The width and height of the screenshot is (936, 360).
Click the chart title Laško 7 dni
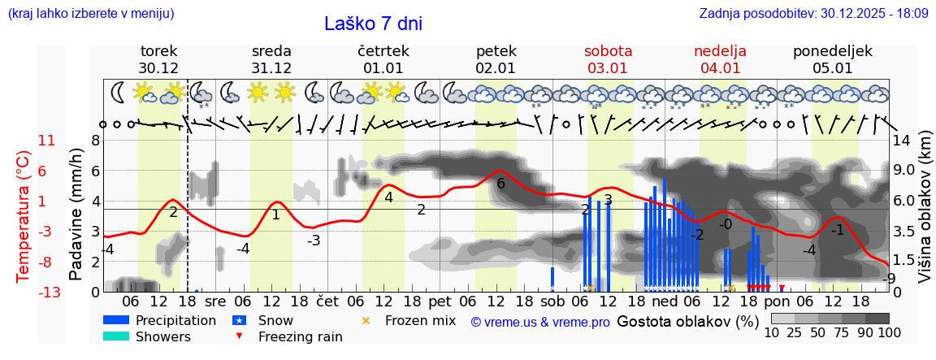[x=373, y=24]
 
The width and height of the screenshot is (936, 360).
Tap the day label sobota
[x=608, y=51]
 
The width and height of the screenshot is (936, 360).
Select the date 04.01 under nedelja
[x=721, y=68]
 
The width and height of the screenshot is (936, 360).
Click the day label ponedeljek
[x=833, y=51]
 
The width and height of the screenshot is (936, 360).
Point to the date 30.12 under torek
[x=158, y=68]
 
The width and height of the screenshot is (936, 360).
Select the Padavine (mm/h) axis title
[x=76, y=215]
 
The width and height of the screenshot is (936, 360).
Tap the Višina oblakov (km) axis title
[x=925, y=215]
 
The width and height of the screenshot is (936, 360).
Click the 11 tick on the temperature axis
[x=46, y=141]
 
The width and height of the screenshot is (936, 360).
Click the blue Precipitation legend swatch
[x=117, y=320]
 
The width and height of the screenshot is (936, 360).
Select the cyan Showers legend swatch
[x=117, y=336]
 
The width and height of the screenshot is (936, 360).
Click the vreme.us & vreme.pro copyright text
[x=540, y=322]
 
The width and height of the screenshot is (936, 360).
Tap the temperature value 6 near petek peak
[x=500, y=184]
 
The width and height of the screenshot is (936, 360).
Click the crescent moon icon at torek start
[x=119, y=92]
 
